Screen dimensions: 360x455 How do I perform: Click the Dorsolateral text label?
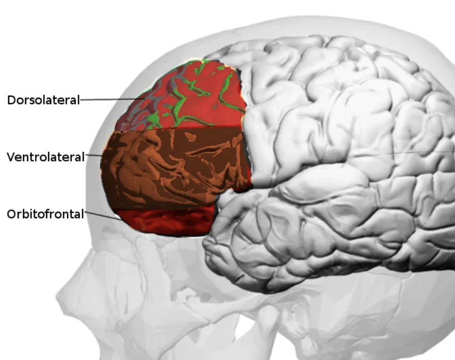point(43,100)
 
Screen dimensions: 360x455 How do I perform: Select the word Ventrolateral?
point(46,157)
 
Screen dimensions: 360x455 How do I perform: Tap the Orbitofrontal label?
point(45,214)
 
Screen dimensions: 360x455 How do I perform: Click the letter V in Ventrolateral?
point(11,157)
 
